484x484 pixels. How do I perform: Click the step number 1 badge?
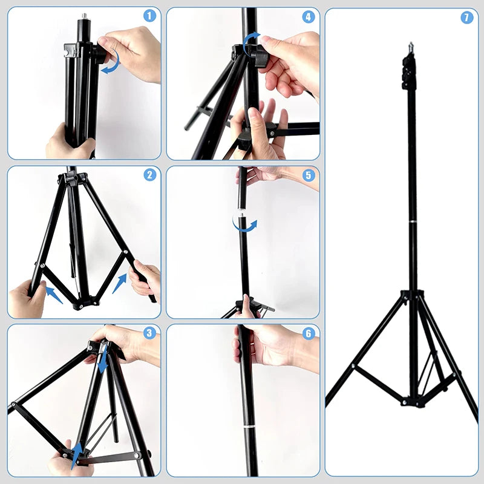point(149,16)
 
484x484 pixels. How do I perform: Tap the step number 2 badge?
point(149,175)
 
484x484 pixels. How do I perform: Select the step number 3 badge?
point(149,332)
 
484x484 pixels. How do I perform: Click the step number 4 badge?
point(309,16)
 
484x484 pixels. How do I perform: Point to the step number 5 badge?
point(309,175)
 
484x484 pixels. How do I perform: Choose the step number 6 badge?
point(309,333)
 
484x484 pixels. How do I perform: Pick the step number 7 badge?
point(466,18)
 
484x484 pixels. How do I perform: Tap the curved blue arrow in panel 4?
point(250,44)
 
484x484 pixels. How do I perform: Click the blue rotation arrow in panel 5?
point(244,225)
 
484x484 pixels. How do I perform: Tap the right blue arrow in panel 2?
point(120,283)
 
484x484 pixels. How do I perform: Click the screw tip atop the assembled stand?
point(411,45)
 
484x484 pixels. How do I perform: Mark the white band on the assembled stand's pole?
point(413,224)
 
